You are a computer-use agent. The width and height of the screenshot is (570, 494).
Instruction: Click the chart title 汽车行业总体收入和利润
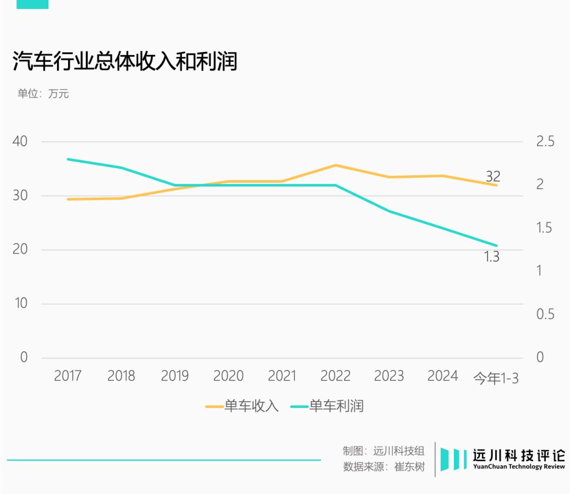tap(125, 62)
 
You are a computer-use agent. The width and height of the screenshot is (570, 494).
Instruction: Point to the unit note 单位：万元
tap(43, 94)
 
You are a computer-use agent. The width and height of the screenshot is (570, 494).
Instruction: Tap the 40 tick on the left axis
tap(20, 142)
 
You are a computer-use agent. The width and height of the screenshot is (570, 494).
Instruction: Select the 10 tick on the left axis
tap(20, 304)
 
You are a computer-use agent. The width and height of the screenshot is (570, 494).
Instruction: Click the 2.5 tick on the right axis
tap(545, 142)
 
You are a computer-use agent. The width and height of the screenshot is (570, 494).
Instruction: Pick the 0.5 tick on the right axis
tap(545, 314)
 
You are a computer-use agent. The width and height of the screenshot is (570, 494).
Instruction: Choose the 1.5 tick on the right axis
tap(545, 228)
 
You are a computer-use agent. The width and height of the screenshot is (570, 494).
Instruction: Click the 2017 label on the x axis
tap(68, 376)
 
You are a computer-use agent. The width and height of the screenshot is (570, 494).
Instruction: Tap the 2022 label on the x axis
tap(335, 376)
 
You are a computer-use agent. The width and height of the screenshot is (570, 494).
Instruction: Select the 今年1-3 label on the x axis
tap(496, 378)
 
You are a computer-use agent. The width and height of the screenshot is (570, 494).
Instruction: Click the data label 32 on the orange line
tap(493, 176)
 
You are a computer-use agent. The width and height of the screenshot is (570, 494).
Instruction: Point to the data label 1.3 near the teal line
tap(491, 258)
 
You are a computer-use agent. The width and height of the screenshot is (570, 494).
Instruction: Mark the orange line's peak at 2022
tap(336, 165)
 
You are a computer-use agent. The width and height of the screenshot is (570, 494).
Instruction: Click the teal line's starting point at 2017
tap(68, 159)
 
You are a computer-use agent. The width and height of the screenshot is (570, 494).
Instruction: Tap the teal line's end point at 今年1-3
tap(496, 246)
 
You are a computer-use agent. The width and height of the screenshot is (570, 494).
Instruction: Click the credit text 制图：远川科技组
tap(384, 451)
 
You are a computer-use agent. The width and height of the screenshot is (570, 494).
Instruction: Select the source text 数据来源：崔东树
tap(384, 467)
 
